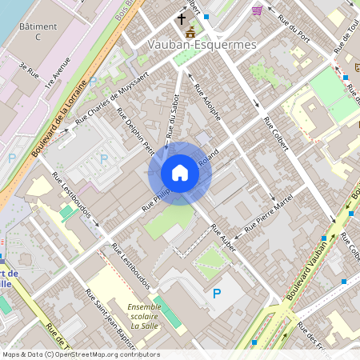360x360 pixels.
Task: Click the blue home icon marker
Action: (x=180, y=173)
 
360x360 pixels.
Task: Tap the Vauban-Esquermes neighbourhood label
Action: (x=202, y=45)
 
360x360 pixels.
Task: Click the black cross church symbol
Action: (x=181, y=18)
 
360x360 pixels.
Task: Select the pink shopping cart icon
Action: (x=257, y=10)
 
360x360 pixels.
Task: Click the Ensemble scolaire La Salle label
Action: (x=144, y=315)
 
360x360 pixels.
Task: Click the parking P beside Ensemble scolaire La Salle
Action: (x=216, y=294)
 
